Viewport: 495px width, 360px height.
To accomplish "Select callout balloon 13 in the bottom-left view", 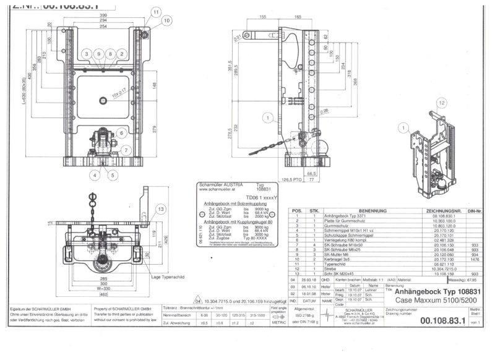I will [x=160, y=209].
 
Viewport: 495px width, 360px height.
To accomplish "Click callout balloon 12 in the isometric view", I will [x=441, y=103].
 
